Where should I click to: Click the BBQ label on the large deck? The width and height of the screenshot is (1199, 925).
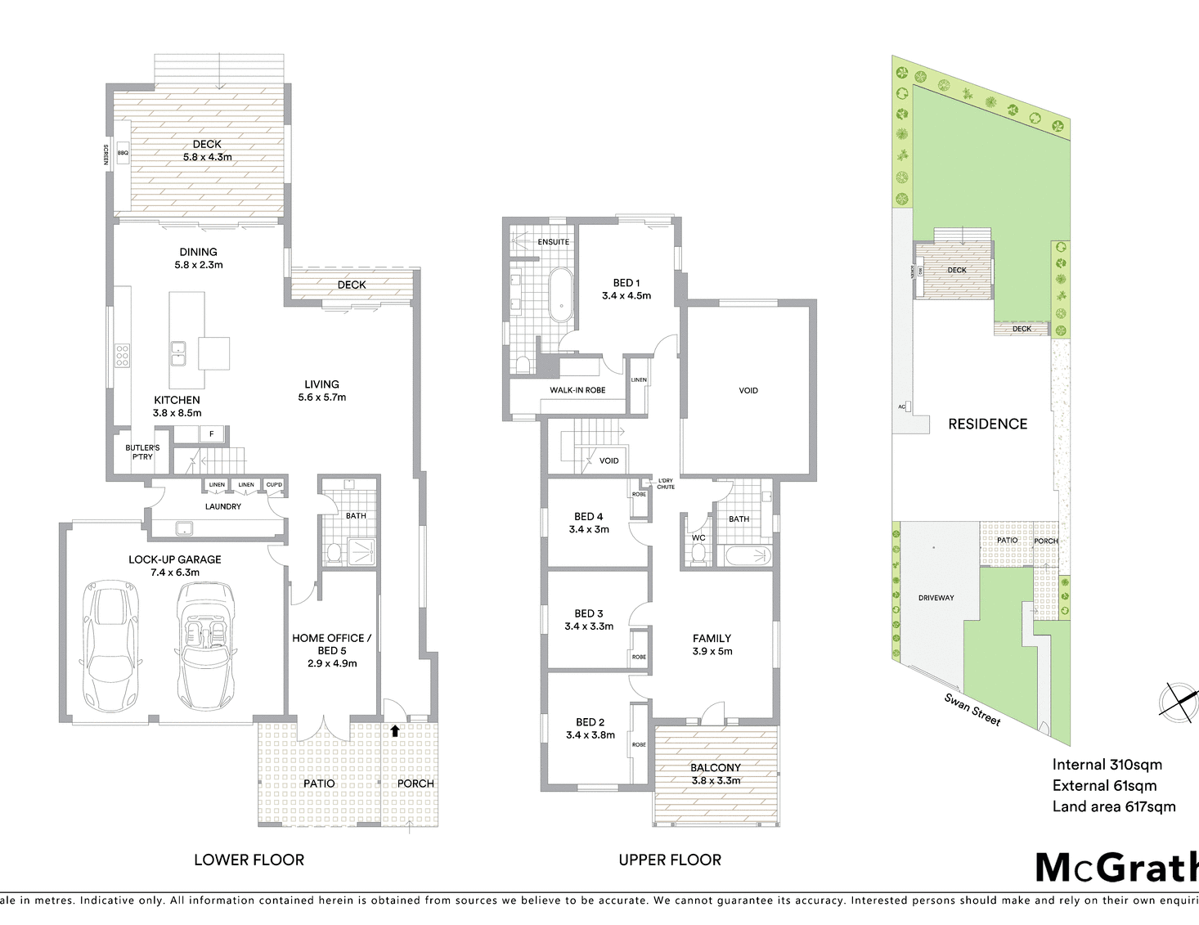pos(123,153)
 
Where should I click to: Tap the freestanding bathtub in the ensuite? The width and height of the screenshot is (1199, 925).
pos(562,294)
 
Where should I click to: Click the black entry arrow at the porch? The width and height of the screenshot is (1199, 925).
pos(395,730)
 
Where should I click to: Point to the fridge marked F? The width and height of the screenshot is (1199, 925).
pos(212,433)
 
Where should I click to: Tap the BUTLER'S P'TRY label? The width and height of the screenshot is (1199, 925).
pos(142,452)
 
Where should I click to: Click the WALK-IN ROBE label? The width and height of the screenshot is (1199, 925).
pos(577,390)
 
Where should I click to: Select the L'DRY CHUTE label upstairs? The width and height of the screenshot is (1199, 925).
pos(666,483)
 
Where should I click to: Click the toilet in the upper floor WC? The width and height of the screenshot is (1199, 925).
pos(698,554)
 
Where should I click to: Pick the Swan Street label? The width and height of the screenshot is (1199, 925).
pos(972,709)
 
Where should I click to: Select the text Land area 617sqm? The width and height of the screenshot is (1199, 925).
pos(1113,806)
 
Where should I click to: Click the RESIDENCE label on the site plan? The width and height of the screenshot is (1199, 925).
pos(987,424)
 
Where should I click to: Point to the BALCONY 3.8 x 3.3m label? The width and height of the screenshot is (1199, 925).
pos(716,774)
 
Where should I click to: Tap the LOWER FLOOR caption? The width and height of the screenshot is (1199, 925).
pos(249,860)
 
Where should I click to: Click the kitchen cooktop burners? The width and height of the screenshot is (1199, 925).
pos(122,356)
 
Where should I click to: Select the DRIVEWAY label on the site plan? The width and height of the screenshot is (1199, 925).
pos(936,598)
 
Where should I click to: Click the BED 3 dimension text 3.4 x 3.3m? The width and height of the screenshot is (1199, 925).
pos(589,626)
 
